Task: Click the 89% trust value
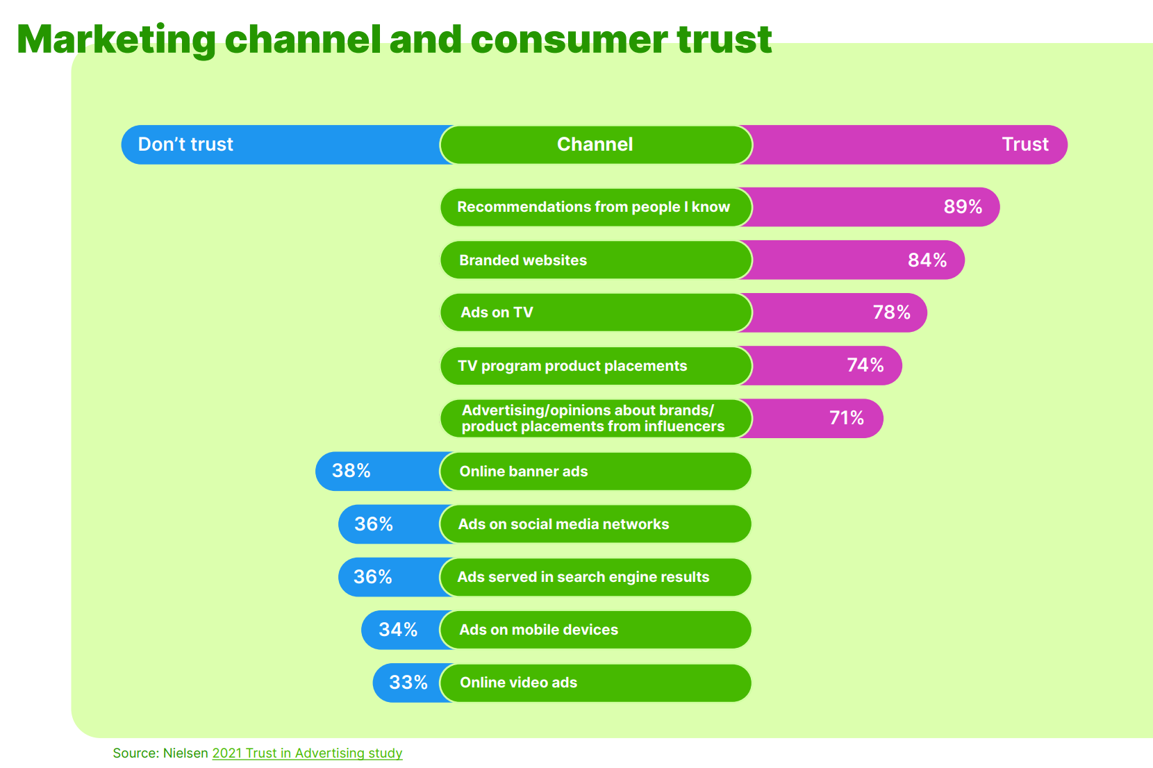963,207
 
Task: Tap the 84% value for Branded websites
927,260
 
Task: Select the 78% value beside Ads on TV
891,312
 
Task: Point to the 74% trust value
865,365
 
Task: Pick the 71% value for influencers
847,418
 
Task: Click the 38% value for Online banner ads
351,471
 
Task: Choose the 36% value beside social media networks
374,524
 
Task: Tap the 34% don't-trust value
398,630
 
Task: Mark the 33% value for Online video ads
408,683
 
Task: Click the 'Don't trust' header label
185,144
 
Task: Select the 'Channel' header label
595,144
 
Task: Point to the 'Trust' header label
1025,144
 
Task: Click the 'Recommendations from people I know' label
593,207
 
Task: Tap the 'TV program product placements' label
572,366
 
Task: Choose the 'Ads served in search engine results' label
583,577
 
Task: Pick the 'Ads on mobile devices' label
538,630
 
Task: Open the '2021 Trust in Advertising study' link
307,753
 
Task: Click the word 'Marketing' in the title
116,40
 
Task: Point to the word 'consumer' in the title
569,40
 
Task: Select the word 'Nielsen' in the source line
185,753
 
